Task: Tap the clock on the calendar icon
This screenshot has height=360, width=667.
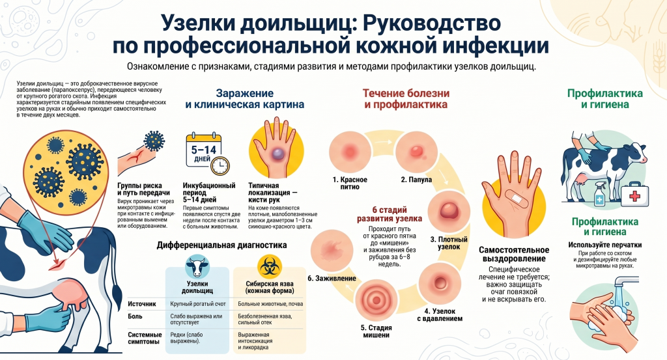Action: [220, 165]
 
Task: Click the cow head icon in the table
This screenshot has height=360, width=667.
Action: [197, 266]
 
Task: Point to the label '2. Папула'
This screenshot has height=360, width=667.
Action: [416, 180]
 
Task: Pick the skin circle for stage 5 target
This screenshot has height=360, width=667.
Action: [376, 301]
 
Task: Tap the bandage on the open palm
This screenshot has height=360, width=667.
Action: [517, 198]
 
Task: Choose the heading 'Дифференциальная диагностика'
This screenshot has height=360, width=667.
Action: [221, 245]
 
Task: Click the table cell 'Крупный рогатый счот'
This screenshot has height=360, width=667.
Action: [198, 304]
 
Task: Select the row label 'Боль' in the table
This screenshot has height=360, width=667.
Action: [135, 316]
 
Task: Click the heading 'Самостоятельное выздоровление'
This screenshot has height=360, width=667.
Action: [515, 254]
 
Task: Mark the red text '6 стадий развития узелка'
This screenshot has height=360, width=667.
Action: [390, 214]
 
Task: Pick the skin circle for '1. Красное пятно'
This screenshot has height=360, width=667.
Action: [350, 152]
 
